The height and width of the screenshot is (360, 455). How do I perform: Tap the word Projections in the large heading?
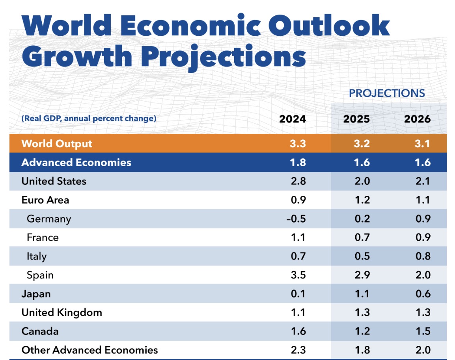(224, 56)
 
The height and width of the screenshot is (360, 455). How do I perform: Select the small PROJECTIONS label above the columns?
(387, 93)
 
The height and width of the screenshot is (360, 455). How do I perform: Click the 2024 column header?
(292, 119)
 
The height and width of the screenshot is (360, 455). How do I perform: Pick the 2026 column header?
(417, 119)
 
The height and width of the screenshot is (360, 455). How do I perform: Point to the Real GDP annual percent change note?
(89, 118)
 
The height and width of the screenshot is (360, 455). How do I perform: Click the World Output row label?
(57, 143)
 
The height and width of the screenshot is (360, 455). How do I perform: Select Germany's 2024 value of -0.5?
(296, 219)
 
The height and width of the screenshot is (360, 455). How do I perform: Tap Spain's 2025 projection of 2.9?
(362, 275)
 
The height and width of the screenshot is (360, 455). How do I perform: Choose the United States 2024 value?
(298, 181)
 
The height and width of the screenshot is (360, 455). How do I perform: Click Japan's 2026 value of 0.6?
(423, 294)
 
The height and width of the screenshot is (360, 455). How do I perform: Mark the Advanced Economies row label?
(76, 162)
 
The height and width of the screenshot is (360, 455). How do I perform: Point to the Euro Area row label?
(45, 200)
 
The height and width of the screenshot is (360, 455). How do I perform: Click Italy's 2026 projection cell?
(423, 256)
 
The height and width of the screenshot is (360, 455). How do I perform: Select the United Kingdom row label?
(62, 313)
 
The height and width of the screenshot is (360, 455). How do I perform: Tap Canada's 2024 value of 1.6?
(298, 331)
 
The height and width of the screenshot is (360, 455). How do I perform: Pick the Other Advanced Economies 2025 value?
(362, 350)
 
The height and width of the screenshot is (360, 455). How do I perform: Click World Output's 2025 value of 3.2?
(362, 143)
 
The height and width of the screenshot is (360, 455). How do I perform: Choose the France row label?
(43, 238)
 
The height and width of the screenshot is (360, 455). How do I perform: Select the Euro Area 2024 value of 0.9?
(298, 200)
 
